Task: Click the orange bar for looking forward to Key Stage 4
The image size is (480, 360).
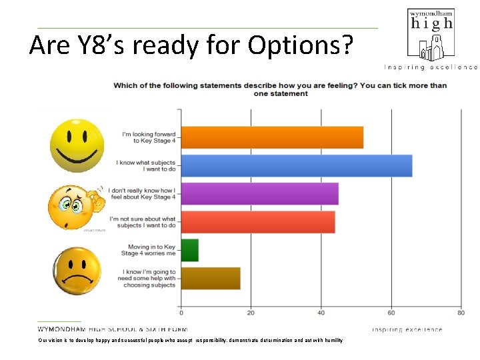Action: tap(272, 137)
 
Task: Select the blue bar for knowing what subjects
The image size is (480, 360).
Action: tap(297, 166)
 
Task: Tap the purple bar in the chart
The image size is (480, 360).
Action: tap(260, 194)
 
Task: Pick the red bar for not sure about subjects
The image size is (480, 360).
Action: tap(258, 222)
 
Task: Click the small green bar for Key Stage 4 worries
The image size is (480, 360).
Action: tap(190, 250)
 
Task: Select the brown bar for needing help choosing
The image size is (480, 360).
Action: tap(211, 278)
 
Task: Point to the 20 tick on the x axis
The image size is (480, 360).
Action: tap(251, 313)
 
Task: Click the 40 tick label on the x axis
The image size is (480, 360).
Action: tap(321, 313)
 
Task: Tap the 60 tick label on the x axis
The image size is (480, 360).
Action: tap(391, 313)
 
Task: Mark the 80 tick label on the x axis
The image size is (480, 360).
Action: tap(461, 313)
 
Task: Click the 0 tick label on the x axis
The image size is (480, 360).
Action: tap(181, 313)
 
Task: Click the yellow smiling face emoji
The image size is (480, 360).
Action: tap(77, 145)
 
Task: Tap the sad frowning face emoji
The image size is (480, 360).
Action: tap(77, 271)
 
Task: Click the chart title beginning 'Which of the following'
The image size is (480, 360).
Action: tap(280, 89)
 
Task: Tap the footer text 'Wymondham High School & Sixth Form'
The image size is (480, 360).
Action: tap(113, 329)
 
